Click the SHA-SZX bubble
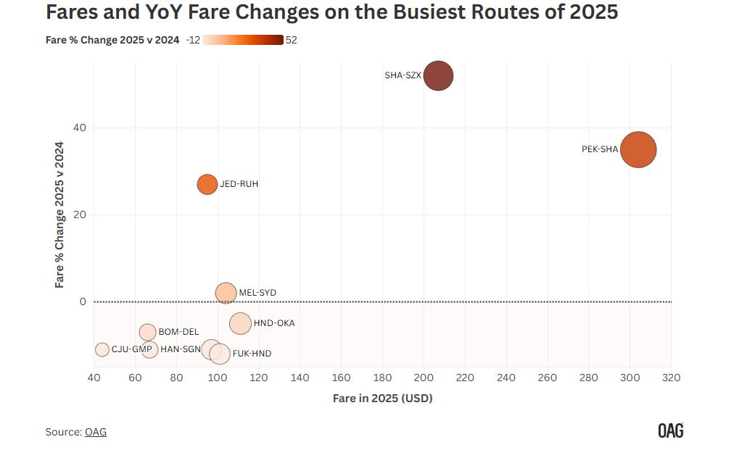click(438, 75)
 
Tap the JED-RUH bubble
click(207, 184)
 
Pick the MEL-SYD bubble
click(226, 293)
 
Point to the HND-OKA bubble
click(240, 323)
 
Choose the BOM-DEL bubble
click(148, 332)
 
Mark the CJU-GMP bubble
click(102, 349)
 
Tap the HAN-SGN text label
click(180, 349)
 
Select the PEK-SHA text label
click(600, 150)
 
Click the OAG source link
click(96, 432)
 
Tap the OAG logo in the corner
click(670, 430)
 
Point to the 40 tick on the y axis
click(79, 128)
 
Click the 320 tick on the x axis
click(671, 378)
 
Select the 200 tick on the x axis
click(424, 378)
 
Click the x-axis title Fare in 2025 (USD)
click(382, 398)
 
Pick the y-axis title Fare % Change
click(60, 214)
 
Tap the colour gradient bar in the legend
click(243, 40)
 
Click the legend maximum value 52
click(292, 41)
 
